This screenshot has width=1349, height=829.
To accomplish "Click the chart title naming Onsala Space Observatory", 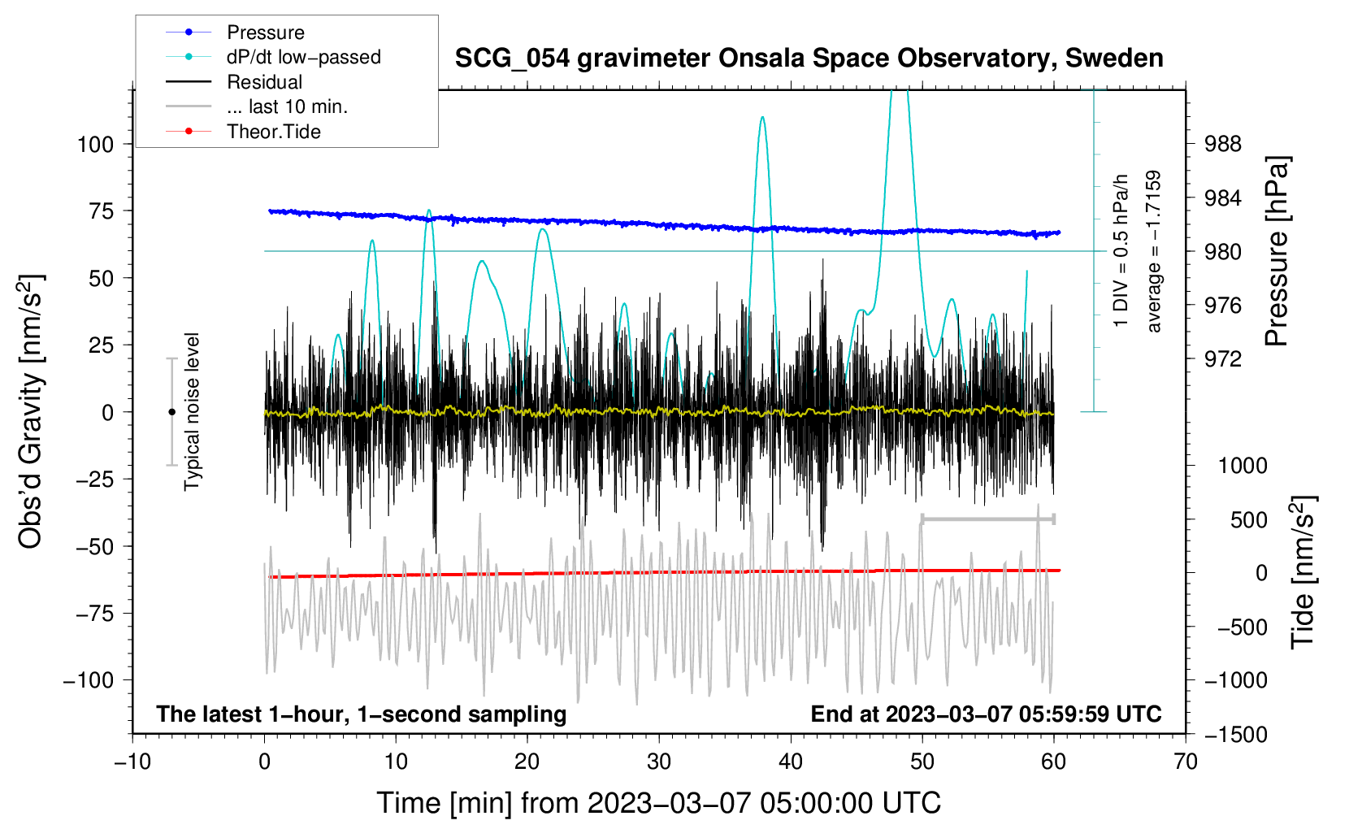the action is click(x=809, y=59).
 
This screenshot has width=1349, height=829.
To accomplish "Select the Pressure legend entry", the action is click(x=236, y=32).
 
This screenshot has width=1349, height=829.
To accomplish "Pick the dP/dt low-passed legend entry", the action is click(x=273, y=57).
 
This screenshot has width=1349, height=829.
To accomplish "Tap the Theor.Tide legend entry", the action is click(x=243, y=132).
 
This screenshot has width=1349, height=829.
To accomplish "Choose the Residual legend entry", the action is click(x=234, y=82).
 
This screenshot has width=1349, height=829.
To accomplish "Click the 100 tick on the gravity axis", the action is click(x=96, y=145).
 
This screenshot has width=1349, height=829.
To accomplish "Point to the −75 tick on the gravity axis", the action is click(x=94, y=614).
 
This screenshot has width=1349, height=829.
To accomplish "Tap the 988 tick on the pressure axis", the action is click(x=1222, y=145).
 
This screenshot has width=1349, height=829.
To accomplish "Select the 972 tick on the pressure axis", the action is click(x=1222, y=359).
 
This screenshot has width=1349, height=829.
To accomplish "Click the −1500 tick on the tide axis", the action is click(x=1236, y=735).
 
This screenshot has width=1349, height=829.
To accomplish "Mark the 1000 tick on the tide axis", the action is click(x=1243, y=466).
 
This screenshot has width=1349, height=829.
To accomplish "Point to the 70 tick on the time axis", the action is click(x=1185, y=762).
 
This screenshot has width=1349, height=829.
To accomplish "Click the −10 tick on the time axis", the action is click(x=132, y=762).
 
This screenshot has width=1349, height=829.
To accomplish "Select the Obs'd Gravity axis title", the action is click(x=30, y=411).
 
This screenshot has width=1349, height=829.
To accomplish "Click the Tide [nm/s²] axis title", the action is click(x=1303, y=572).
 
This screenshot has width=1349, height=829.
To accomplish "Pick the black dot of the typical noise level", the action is click(x=171, y=412).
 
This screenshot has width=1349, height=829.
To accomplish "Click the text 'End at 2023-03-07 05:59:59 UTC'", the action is click(x=986, y=714).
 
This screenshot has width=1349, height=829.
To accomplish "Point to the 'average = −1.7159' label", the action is click(x=1152, y=251).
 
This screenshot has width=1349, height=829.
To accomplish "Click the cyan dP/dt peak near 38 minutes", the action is click(x=762, y=117).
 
